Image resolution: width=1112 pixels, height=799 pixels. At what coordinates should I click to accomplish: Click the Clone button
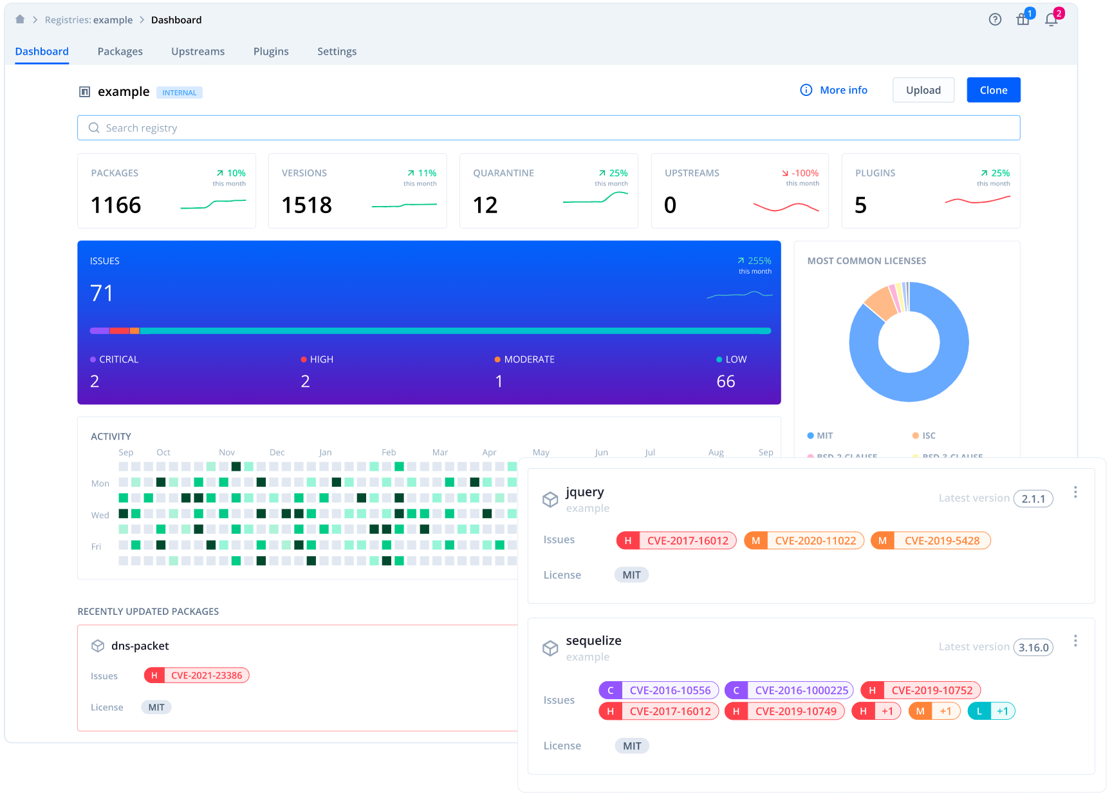[993, 90]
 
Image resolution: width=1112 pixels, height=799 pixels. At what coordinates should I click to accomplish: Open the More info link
[843, 90]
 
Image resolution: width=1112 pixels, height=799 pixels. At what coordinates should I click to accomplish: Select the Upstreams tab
[198, 52]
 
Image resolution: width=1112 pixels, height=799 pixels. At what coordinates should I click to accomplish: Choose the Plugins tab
[271, 52]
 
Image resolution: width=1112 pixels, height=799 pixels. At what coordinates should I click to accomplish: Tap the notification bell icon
[1052, 20]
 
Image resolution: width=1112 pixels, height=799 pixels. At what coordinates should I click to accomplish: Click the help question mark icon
[995, 20]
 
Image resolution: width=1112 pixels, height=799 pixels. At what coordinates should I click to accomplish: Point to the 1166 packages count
[116, 205]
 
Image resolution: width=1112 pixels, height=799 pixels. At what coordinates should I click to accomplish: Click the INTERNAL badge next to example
[180, 93]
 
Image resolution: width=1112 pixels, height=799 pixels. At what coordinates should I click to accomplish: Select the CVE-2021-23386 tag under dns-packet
[206, 675]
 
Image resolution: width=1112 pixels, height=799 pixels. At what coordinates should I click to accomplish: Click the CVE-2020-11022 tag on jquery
[815, 541]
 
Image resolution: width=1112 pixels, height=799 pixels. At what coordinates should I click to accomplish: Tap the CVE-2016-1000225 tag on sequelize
[801, 690]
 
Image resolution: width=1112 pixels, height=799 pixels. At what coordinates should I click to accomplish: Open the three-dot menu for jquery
[1075, 493]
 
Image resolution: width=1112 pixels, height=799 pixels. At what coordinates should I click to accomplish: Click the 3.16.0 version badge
[1033, 648]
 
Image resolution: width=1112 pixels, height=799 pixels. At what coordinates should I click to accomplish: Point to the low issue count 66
[726, 382]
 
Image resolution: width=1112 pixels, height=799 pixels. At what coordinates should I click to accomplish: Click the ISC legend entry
[928, 436]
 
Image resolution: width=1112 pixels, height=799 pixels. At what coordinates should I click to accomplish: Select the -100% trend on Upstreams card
[804, 173]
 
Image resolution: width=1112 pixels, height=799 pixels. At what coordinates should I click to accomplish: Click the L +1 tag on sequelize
[991, 711]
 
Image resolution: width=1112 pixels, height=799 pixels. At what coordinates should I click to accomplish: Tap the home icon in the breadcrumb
[20, 19]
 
